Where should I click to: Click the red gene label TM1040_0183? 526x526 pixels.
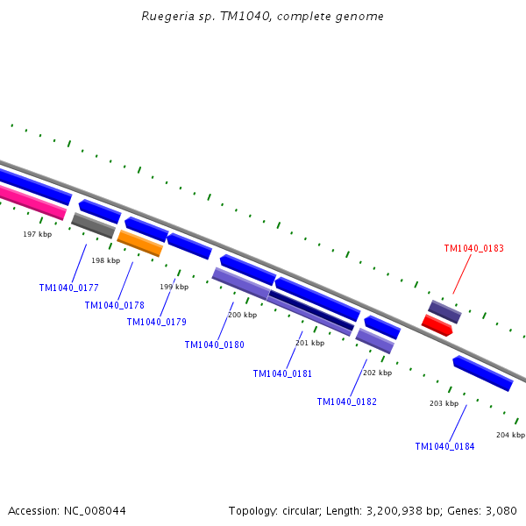click(x=473, y=248)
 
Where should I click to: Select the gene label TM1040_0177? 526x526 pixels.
click(x=68, y=288)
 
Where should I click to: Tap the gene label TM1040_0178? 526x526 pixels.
click(x=114, y=305)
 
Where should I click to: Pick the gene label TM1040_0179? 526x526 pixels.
click(x=156, y=322)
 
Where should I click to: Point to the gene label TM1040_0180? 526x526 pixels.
click(x=214, y=345)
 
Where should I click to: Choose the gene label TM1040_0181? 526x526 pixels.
click(x=282, y=373)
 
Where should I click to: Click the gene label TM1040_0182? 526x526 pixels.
click(x=346, y=402)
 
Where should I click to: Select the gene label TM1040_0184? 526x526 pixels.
click(x=444, y=446)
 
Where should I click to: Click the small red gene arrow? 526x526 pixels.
click(x=437, y=325)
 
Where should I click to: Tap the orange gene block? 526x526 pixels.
click(x=140, y=243)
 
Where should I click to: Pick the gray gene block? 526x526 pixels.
click(x=93, y=225)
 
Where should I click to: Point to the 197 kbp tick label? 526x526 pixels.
click(x=37, y=234)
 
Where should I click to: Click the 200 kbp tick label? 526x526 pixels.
click(x=242, y=315)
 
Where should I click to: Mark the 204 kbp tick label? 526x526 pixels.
click(x=510, y=435)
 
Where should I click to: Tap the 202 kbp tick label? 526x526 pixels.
click(x=376, y=373)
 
